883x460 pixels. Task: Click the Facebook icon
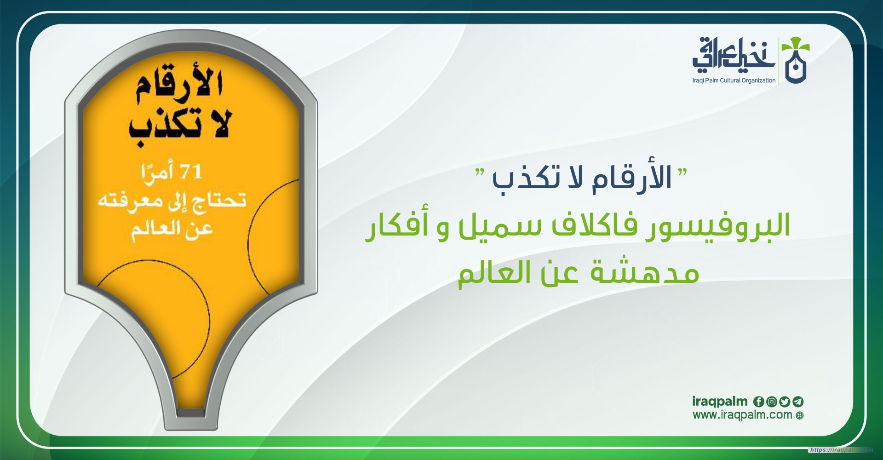point(758,402)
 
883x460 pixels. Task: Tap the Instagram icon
point(772,402)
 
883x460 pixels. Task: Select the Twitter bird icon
point(785,402)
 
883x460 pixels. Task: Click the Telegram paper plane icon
point(798,402)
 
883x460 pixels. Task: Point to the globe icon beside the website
point(800,416)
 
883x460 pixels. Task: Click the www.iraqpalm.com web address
point(742,415)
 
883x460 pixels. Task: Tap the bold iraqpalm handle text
point(720,402)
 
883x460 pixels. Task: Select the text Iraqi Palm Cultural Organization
point(734,80)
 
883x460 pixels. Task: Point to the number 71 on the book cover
point(190,172)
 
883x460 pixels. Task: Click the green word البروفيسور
point(717,225)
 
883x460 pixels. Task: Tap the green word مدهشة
point(644,272)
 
